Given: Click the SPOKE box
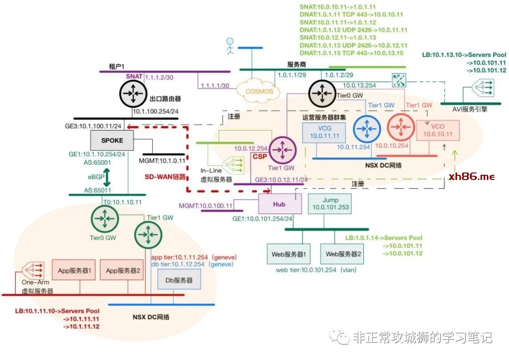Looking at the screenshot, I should (x=112, y=140).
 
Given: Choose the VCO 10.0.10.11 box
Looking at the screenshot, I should (x=438, y=130).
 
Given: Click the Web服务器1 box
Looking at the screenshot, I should (x=288, y=254).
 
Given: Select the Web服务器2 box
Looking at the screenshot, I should (x=344, y=254).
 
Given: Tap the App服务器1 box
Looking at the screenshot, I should (x=74, y=271).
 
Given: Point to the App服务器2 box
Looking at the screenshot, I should (x=123, y=271).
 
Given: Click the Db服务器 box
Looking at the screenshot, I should (x=179, y=280).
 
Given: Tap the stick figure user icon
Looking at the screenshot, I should (x=230, y=45).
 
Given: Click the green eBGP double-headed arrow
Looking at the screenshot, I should (x=107, y=178).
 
